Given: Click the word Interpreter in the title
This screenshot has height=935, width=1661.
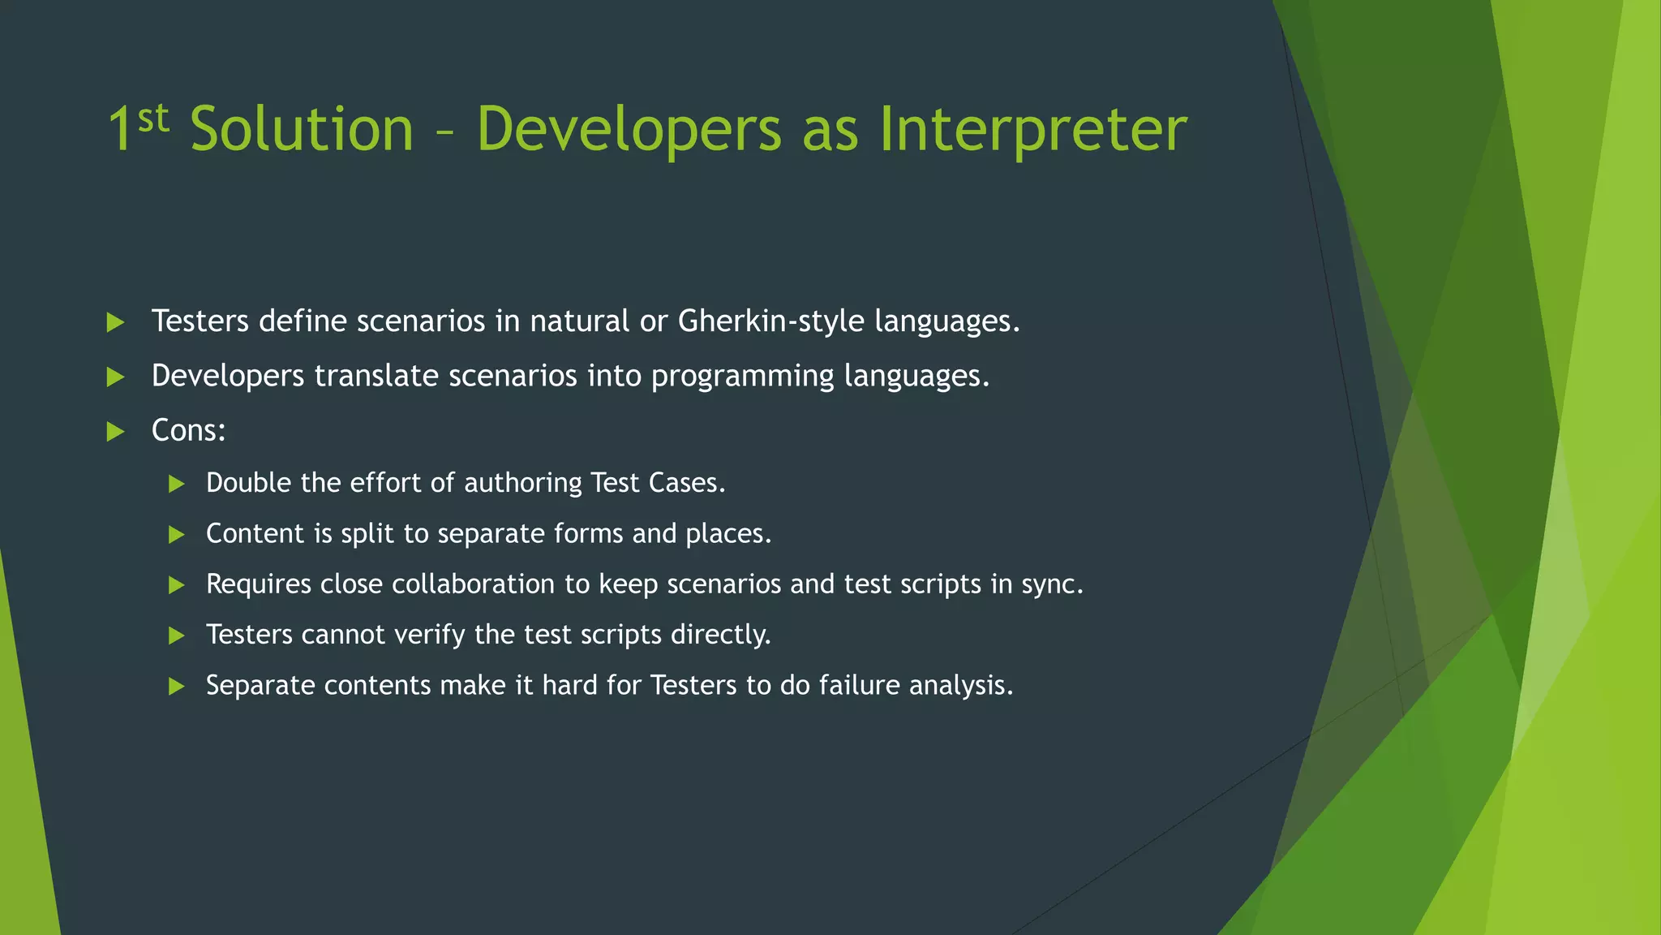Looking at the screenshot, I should coord(1032,130).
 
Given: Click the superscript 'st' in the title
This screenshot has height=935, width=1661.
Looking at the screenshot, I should coord(153,118).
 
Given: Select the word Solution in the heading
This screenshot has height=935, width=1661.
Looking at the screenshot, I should coord(302,130).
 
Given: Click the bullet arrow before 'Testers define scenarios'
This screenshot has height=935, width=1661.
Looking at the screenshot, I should coord(116,322).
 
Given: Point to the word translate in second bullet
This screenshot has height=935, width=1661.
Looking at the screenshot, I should coord(376,376).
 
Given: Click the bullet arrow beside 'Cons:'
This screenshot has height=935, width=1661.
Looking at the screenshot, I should coord(116,431).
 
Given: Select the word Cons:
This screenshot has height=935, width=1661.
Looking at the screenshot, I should coord(188,430).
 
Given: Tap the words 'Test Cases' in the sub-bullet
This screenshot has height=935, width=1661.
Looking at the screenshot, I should coord(657,483).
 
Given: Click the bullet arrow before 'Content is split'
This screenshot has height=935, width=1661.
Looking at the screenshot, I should coord(177,534).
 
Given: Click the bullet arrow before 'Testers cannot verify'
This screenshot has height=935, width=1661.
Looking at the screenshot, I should coord(177,636).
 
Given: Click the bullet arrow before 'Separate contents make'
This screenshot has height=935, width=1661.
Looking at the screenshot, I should coord(177,687).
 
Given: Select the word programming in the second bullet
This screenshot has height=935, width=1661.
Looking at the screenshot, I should coord(742,377).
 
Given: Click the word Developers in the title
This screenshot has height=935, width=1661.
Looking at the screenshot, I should coord(629,130).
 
